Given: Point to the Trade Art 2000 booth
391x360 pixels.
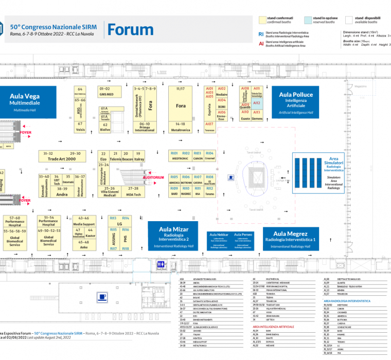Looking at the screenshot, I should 61,156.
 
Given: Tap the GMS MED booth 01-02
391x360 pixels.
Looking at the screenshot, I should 106,92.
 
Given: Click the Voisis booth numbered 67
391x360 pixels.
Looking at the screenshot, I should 80,127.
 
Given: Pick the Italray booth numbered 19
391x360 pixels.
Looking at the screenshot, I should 139,156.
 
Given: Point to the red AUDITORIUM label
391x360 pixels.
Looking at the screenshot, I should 154,177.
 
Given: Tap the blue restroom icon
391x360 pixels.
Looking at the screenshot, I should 162,264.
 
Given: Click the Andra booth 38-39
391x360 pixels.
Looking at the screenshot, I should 62,192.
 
